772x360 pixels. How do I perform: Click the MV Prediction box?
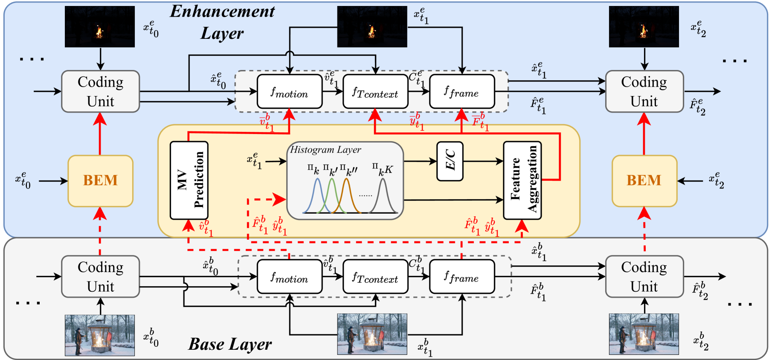coord(189,180)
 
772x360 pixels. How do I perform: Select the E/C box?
coord(450,161)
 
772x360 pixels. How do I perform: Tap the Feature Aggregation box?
coord(522,180)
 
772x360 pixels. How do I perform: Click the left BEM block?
coord(101,180)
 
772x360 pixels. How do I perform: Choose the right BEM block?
coord(644,180)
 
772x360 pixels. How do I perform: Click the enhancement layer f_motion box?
coord(290,91)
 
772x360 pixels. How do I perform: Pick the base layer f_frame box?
coord(462,276)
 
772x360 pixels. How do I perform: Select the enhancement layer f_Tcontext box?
coord(375,91)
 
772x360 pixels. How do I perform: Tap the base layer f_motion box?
coord(290,276)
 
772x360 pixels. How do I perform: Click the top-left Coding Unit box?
coord(101,91)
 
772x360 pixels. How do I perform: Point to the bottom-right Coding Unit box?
coord(644,276)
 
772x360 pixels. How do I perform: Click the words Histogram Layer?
coord(325,150)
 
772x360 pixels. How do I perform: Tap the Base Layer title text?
coord(230,344)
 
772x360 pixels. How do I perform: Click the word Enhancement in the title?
coord(222,12)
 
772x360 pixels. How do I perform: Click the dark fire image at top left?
coord(100,26)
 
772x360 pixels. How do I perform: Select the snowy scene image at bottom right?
coord(644,334)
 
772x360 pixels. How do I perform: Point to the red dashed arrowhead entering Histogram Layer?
coord(281,199)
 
